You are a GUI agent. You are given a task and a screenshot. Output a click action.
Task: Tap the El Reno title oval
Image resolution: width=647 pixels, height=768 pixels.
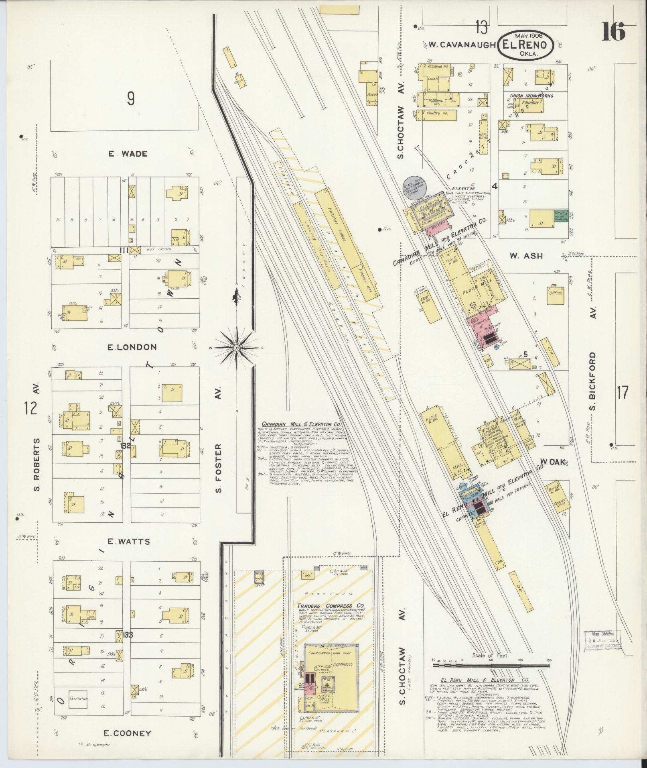[525, 45]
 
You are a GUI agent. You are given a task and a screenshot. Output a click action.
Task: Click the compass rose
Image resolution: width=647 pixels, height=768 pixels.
[236, 347]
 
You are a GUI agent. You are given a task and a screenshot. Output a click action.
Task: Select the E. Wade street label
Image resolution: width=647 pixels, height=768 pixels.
[128, 154]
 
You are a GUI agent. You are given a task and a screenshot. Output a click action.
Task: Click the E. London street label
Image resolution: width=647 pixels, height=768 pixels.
[126, 347]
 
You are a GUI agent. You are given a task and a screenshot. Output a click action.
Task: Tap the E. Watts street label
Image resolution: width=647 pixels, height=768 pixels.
[128, 542]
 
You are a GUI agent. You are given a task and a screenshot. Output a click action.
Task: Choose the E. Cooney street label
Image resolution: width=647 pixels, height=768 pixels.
[127, 733]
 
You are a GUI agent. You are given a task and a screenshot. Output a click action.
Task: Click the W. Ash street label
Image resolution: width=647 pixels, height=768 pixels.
[526, 256]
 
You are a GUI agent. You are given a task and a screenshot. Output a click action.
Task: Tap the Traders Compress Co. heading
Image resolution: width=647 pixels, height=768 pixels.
[325, 617]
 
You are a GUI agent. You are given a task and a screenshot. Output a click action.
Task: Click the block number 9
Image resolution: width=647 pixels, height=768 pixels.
[131, 98]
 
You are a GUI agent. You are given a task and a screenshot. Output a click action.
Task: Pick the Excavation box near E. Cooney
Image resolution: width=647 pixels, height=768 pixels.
[78, 699]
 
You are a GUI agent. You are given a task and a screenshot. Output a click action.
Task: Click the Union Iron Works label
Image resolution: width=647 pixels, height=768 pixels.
[530, 96]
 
